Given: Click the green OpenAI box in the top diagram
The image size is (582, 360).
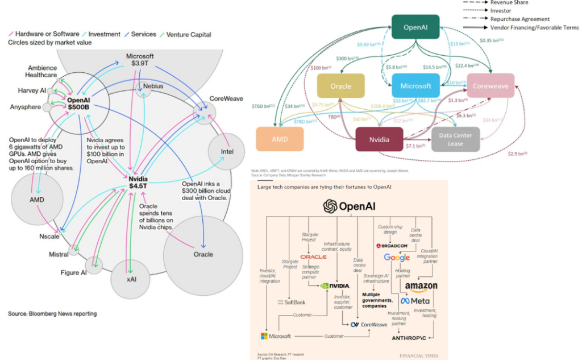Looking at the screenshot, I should [415, 27].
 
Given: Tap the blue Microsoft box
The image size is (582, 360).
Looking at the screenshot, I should [415, 86].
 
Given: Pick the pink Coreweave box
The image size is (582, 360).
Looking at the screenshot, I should [490, 86].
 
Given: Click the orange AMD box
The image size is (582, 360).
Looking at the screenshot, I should [279, 139].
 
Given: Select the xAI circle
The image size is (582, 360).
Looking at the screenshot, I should [130, 279].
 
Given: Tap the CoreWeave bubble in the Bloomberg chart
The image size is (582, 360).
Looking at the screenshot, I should [205, 111].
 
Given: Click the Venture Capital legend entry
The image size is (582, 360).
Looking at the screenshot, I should [185, 34].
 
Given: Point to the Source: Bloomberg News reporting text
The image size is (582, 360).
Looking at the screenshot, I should [52, 313].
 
